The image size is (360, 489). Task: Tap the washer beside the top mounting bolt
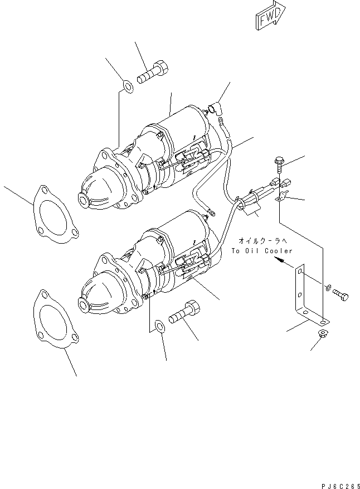point(128,86)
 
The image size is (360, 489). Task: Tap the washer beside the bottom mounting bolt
point(158,326)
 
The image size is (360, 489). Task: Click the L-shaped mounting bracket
point(306,293)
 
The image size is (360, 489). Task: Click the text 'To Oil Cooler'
point(261,251)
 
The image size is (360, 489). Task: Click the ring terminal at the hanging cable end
point(210,211)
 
